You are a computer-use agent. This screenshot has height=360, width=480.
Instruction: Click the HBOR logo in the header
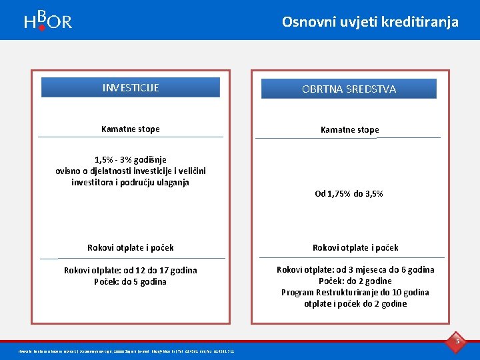pos(47,21)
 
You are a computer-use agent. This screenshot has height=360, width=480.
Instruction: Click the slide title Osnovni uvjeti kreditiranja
pos(370,21)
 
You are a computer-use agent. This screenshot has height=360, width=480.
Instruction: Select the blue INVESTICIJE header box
pos(131,87)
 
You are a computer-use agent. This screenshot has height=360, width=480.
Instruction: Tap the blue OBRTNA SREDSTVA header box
pos(349,89)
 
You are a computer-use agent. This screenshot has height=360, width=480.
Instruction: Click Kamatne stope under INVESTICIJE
pos(131,129)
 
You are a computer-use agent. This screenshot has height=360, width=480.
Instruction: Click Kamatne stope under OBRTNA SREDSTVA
pos(349,129)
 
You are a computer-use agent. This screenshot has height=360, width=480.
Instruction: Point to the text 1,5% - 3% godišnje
pos(131,159)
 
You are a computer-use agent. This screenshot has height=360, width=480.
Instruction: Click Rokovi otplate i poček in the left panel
pos(131,247)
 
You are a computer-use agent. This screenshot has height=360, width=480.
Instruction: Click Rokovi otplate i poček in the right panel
pos(355,247)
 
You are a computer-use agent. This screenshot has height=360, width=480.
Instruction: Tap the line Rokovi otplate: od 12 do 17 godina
pos(131,270)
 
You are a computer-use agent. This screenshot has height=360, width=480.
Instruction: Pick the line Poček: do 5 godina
pos(131,281)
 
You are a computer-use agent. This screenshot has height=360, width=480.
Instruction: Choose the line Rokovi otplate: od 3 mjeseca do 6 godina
pos(355,269)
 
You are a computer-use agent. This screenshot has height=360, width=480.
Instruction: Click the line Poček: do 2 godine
pos(355,281)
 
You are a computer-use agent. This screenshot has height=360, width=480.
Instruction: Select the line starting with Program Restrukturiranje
pos(355,292)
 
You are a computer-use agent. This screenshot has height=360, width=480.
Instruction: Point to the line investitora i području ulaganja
pos(131,182)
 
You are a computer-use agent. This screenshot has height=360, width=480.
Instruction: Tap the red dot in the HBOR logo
pos(41,28)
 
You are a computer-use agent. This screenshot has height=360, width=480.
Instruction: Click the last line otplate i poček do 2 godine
pos(355,303)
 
